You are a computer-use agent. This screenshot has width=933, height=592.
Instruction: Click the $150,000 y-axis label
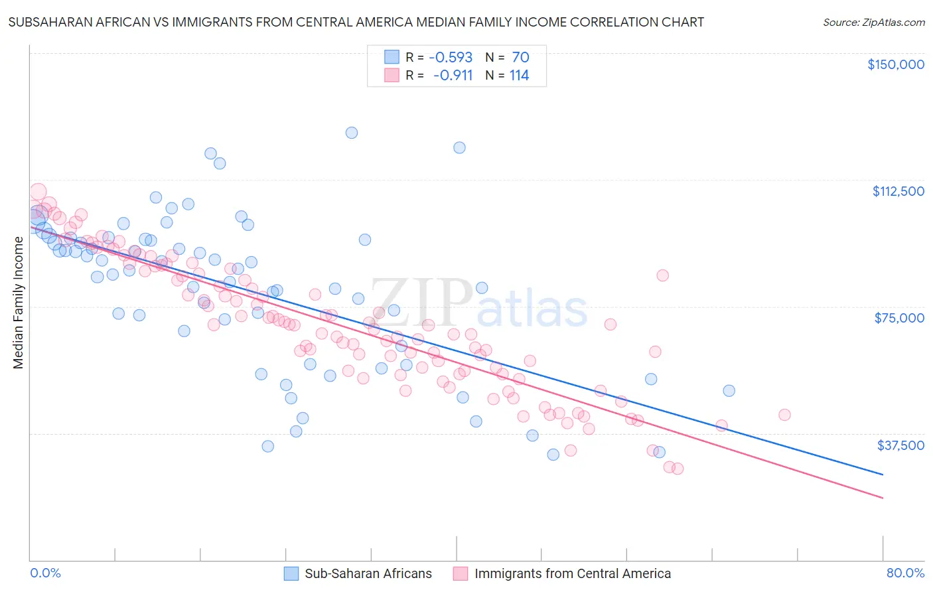(895, 64)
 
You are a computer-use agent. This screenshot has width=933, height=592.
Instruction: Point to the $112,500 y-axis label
(898, 191)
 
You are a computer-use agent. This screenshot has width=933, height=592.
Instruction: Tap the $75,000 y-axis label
(899, 318)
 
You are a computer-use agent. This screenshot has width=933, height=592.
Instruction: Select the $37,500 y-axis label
(900, 445)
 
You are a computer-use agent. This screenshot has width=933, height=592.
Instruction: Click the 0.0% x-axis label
(45, 573)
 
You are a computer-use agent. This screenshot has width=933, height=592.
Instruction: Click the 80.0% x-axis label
(905, 573)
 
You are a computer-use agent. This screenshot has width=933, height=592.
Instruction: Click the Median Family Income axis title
(18, 303)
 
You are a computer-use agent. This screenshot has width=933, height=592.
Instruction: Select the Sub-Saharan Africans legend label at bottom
(368, 573)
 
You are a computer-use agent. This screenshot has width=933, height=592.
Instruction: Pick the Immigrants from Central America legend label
(572, 573)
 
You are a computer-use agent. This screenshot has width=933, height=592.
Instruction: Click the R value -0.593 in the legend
(451, 58)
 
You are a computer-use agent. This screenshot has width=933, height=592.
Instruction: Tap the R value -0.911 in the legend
(453, 76)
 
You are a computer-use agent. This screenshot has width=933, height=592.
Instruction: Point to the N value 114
(519, 76)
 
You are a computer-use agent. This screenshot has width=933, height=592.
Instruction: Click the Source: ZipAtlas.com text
(873, 23)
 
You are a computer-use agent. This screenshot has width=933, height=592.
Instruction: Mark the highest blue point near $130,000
(352, 133)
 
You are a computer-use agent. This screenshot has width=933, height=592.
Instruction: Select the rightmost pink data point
(784, 415)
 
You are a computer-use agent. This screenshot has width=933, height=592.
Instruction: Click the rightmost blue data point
(729, 391)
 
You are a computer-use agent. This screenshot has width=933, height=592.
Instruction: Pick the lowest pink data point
(678, 469)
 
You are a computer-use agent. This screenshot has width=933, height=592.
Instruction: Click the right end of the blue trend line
(883, 475)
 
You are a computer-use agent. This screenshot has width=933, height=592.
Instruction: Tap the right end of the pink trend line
(883, 498)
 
